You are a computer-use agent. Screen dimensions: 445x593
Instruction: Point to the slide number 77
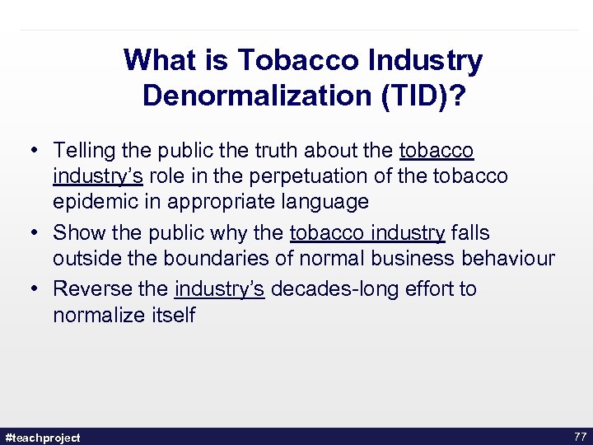point(579,437)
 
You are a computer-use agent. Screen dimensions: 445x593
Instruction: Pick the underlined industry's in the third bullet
point(219,289)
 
